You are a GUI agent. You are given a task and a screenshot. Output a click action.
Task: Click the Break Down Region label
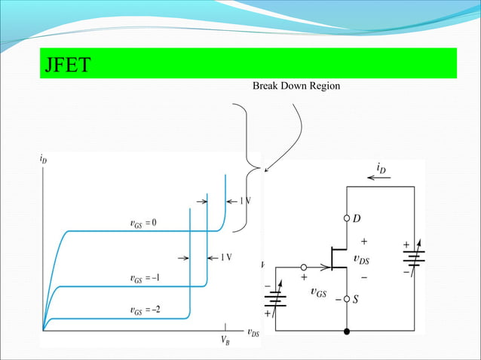pyautogui.click(x=296, y=87)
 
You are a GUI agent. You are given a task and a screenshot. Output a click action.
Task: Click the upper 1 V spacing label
pyautogui.click(x=245, y=201)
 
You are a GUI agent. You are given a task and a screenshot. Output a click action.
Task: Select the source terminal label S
pyautogui.click(x=357, y=299)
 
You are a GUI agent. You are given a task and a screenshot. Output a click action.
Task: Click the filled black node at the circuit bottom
pyautogui.click(x=347, y=331)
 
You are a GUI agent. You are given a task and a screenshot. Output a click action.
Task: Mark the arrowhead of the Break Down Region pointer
pyautogui.click(x=265, y=169)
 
